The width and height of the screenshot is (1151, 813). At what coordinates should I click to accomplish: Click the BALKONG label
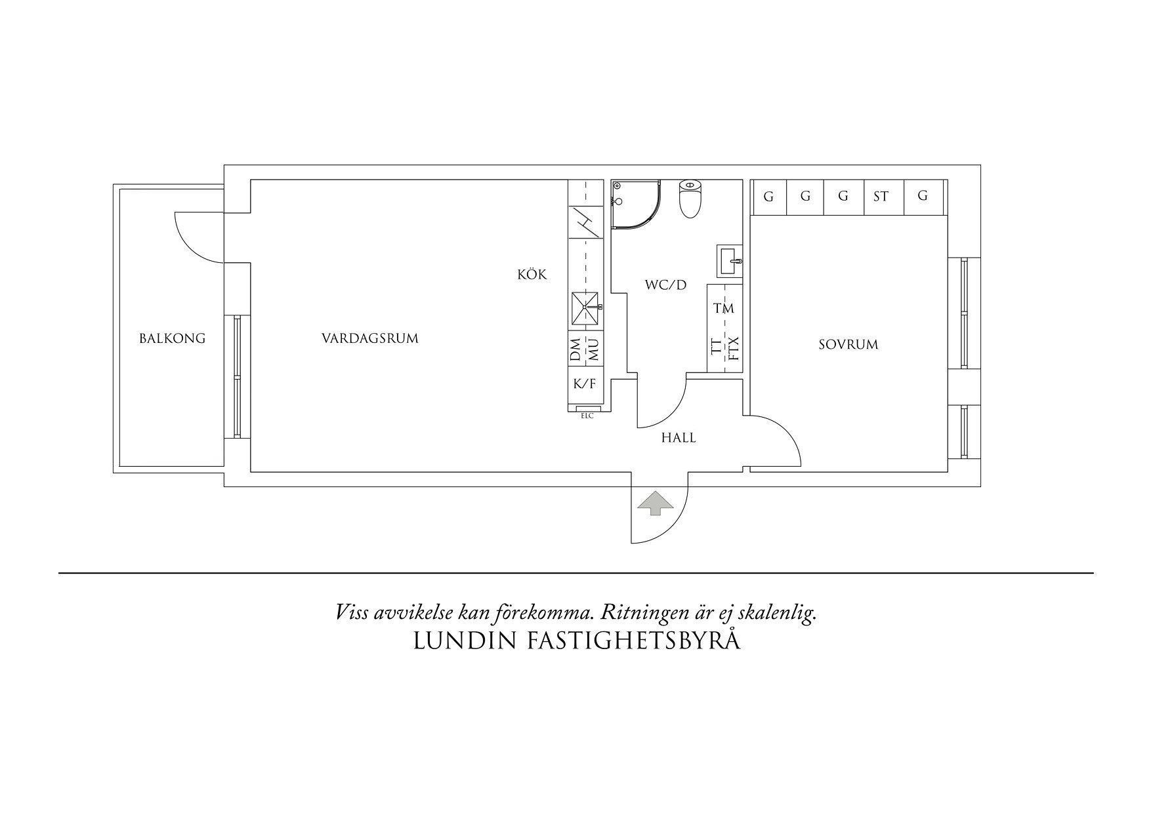tap(172, 339)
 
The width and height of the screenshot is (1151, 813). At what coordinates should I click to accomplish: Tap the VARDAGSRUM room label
tap(369, 339)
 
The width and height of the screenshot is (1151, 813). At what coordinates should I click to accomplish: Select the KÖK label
tap(532, 275)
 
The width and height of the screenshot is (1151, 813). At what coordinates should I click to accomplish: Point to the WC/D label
tap(665, 285)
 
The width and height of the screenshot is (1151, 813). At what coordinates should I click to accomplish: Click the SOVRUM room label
tap(848, 345)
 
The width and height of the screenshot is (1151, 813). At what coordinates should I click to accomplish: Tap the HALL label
tap(679, 438)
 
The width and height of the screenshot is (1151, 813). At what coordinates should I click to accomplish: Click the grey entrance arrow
tap(655, 504)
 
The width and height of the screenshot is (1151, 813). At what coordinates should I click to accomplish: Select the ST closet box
tap(881, 197)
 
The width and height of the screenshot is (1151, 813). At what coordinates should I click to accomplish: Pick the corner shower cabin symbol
tap(631, 203)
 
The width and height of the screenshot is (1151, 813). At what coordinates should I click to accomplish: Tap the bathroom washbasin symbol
tap(730, 260)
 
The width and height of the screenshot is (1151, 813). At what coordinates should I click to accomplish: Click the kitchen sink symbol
tap(585, 308)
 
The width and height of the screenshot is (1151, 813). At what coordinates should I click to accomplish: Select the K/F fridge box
tap(585, 384)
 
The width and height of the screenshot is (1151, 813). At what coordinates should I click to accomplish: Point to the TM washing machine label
tap(724, 308)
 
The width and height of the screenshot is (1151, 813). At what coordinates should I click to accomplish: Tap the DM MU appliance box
tap(585, 349)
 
